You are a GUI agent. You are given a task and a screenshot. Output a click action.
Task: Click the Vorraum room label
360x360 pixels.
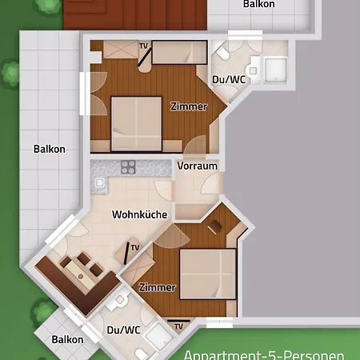[x=198, y=166]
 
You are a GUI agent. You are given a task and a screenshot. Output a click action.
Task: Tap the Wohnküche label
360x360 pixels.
[x=140, y=214]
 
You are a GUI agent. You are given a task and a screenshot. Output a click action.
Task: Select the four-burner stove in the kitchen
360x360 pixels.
[x=128, y=167]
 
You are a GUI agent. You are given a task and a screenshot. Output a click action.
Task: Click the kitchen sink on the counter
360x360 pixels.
[x=99, y=182]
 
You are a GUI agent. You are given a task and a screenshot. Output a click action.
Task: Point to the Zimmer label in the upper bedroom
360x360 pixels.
[x=189, y=106]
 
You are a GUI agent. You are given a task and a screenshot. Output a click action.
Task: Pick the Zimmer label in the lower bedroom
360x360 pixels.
[x=158, y=287]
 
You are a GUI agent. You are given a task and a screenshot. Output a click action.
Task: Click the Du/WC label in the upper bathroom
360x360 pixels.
[x=229, y=79]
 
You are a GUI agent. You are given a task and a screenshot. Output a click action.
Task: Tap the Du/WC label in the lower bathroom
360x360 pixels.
[x=123, y=330]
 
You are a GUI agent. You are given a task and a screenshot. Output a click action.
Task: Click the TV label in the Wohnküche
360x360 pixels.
[x=135, y=247]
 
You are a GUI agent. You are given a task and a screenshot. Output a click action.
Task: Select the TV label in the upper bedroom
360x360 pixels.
[x=143, y=46]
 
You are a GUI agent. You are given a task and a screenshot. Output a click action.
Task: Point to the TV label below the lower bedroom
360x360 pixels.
[x=178, y=326]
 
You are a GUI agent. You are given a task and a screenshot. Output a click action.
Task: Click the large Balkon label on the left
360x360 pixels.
[x=50, y=149]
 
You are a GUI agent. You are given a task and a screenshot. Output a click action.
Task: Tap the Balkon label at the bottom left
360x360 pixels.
[x=67, y=339]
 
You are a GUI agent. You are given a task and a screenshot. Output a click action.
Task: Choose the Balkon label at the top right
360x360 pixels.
[x=258, y=4]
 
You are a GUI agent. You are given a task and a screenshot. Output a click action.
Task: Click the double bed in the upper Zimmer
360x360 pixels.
[x=136, y=124]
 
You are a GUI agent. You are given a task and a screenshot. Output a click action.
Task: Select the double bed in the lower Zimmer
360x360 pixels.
[x=208, y=274]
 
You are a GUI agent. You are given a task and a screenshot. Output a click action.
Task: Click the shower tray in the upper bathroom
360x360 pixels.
[x=276, y=70]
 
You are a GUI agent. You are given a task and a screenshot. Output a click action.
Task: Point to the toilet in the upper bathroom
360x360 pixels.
[x=222, y=53]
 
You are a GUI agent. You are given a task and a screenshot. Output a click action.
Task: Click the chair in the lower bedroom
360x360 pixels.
[x=215, y=226]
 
